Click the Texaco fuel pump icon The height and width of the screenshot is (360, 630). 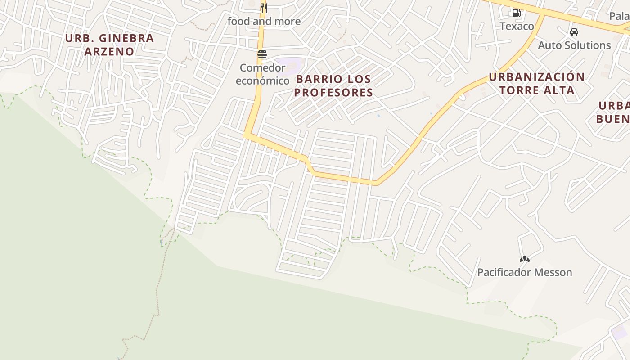(x=516, y=13)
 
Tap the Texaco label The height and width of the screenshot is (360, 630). (x=517, y=26)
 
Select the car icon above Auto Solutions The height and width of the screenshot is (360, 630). (x=574, y=32)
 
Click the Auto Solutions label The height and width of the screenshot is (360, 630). (x=574, y=45)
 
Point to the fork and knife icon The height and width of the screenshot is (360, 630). (x=264, y=8)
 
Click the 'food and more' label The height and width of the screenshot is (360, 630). (x=264, y=21)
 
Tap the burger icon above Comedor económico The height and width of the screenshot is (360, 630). (x=262, y=54)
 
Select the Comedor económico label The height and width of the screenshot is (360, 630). (x=262, y=74)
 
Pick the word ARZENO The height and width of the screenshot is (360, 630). (x=109, y=51)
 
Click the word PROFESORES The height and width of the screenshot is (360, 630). (x=334, y=93)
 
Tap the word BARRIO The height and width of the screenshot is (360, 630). (x=315, y=79)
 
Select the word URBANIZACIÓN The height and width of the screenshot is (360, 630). (x=536, y=77)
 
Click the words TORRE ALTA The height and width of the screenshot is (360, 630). (x=536, y=90)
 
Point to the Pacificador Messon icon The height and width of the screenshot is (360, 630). (x=524, y=259)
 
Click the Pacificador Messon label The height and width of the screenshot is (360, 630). (x=524, y=272)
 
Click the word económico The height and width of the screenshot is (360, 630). (x=262, y=81)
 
